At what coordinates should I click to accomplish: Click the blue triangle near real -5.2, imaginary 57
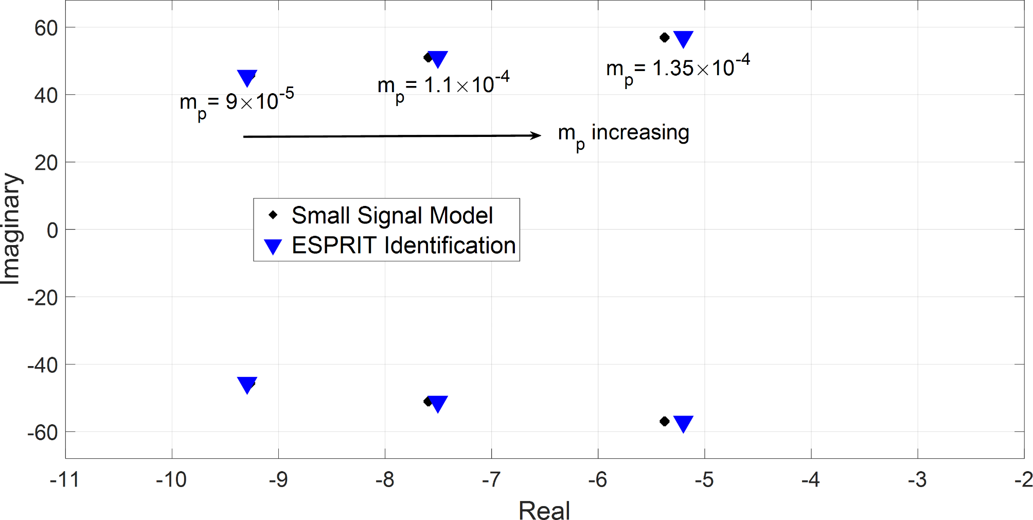pos(683,39)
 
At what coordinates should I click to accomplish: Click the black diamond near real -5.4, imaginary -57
pos(664,421)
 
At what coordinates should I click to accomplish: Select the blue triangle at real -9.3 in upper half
pos(247,77)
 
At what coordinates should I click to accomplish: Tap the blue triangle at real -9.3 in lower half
pos(247,384)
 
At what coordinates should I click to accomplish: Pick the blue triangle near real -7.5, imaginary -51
pos(437,403)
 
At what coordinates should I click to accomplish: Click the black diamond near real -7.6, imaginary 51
pos(428,58)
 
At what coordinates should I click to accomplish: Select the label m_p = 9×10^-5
pos(237,103)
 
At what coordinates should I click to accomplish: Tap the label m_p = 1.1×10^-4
pos(443,86)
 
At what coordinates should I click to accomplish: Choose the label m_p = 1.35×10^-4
pos(678,69)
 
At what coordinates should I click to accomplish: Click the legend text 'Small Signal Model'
pos(392,215)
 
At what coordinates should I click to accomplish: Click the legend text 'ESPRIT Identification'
pos(403,245)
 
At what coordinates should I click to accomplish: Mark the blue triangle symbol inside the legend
pos(273,247)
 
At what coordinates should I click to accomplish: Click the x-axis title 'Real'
pos(544,511)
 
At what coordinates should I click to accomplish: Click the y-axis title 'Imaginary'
pos(11,229)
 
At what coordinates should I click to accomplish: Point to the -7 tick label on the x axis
pos(491,480)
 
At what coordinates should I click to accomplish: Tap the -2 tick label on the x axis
pos(1023,480)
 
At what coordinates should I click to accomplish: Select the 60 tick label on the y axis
pos(46,28)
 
